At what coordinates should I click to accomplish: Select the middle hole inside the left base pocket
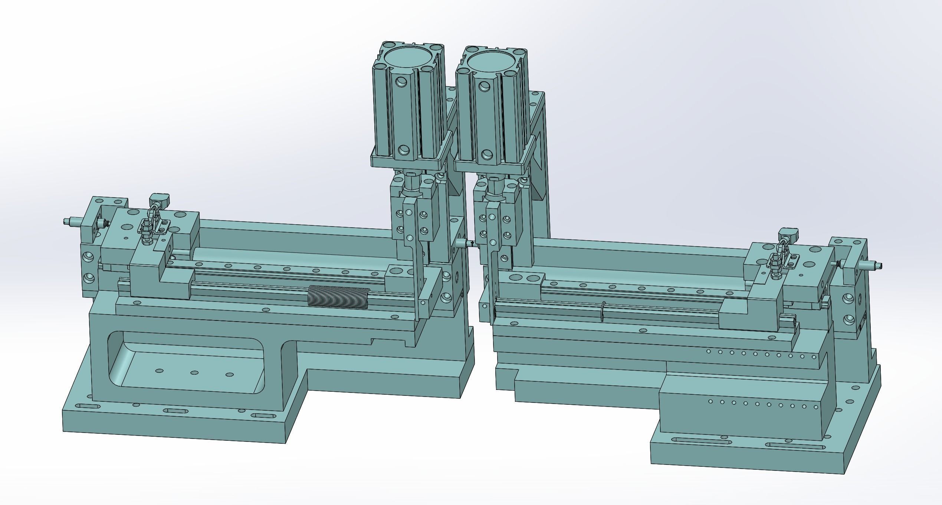(x=194, y=373)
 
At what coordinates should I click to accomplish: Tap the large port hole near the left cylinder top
(x=401, y=82)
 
